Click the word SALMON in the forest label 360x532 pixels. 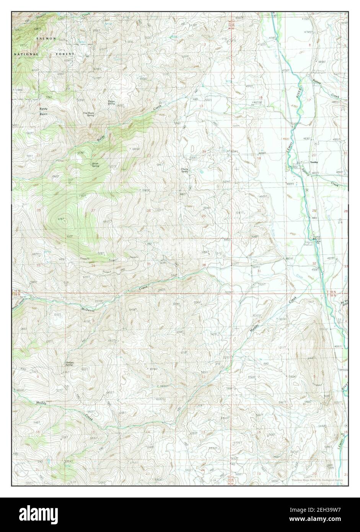pyautogui.click(x=46, y=39)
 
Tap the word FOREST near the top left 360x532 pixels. pyautogui.click(x=65, y=54)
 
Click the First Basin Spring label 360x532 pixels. pyautogui.click(x=89, y=114)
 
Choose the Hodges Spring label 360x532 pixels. pyautogui.click(x=69, y=363)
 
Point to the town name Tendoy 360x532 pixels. pyautogui.click(x=314, y=162)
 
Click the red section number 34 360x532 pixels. pyautogui.click(x=93, y=265)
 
